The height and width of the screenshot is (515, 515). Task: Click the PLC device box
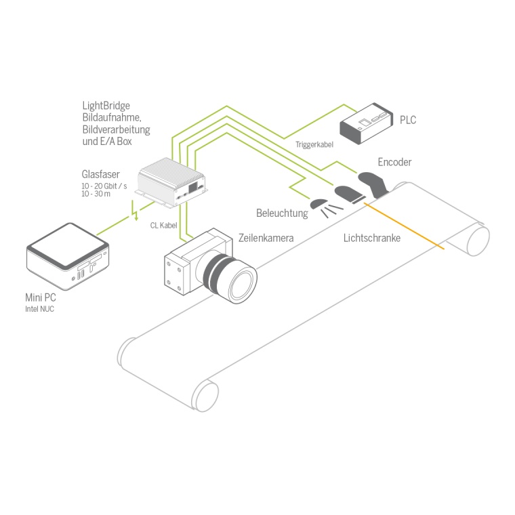pos(365,122)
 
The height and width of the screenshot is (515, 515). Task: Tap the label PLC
pos(408,120)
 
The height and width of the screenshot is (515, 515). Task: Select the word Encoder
pos(394,162)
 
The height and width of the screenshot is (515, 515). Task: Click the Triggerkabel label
pos(314,144)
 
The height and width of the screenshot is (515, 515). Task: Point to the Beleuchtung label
pos(282,213)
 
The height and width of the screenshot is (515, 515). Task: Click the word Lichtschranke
pos(371,238)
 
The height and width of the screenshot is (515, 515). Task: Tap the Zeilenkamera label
pos(266,238)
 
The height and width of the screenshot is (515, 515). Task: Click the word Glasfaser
pos(101,174)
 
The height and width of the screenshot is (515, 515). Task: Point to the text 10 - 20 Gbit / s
pos(104,186)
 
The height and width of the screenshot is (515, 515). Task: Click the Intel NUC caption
pos(39,309)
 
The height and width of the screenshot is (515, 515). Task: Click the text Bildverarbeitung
pos(116,129)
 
